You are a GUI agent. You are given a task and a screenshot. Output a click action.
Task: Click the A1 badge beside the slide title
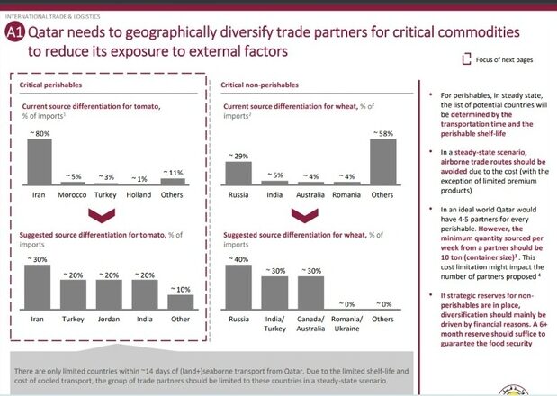(15, 33)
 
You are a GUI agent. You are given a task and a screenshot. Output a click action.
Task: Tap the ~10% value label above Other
(181, 288)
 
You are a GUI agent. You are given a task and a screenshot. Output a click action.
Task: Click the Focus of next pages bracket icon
(465, 60)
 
